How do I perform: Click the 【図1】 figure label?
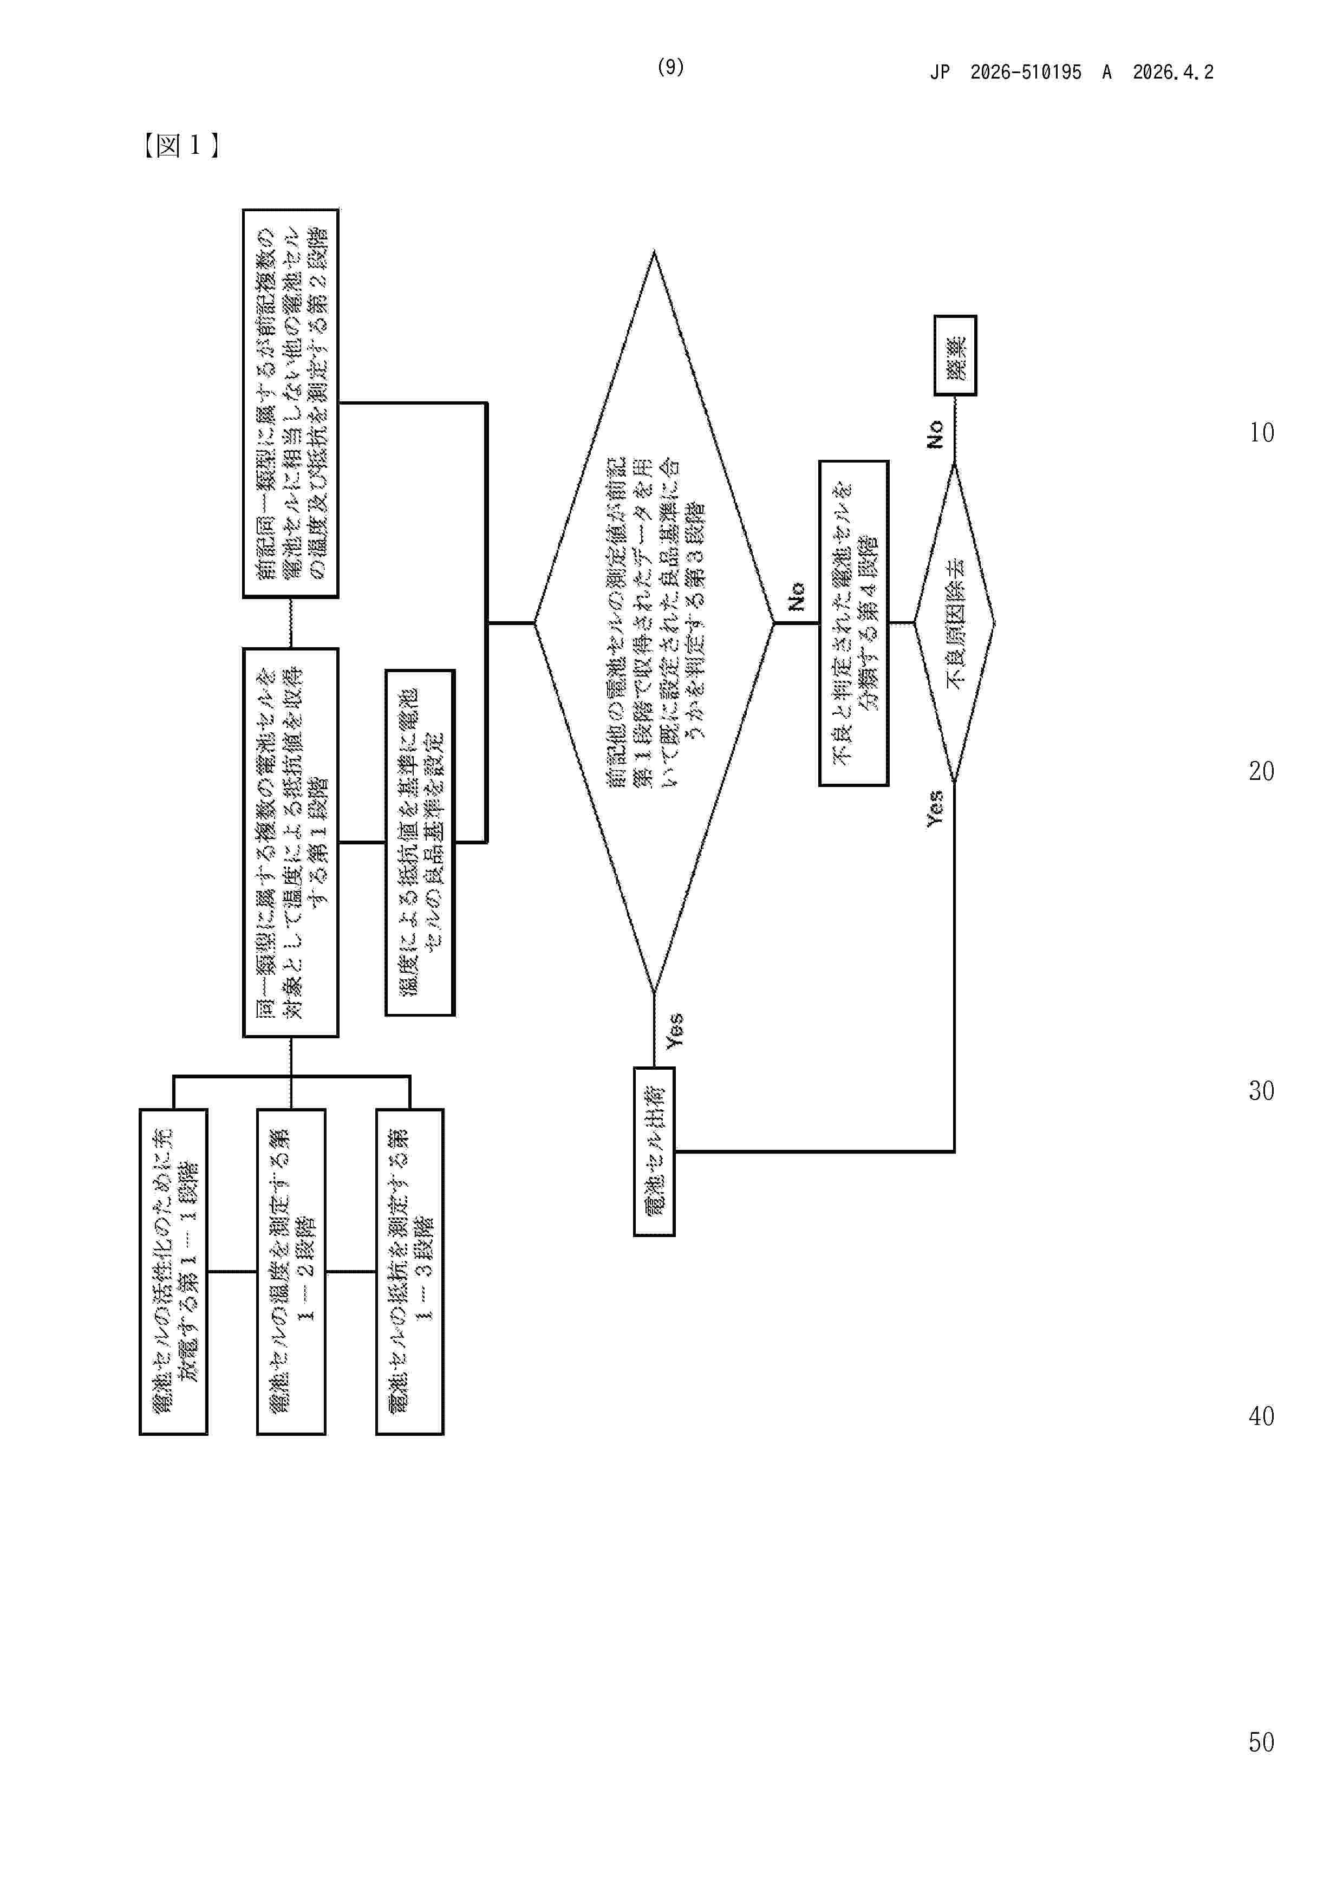pos(180,146)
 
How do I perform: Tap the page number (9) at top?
pos(670,67)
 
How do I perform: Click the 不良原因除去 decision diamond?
pos(954,622)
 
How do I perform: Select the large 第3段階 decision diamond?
pos(654,622)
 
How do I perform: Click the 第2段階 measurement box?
pos(290,403)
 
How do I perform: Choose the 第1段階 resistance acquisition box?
pos(290,842)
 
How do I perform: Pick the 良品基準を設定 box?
pos(420,842)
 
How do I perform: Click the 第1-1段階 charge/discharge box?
pos(173,1271)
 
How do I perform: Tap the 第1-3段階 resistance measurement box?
pos(409,1271)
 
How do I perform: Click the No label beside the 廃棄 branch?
pos(935,434)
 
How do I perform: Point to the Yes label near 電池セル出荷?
pos(674,1030)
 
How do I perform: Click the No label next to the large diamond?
pos(796,596)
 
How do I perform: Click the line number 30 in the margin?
pos(1261,1091)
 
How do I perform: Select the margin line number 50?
pos(1261,1742)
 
